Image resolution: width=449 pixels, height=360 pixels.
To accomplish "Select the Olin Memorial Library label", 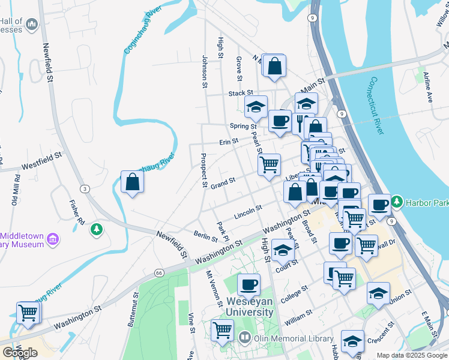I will point(292,338).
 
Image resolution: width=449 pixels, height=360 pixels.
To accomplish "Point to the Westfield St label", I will point(42,160).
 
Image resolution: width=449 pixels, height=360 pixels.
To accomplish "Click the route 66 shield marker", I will point(158,272).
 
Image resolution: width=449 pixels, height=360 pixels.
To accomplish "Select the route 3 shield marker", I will point(86,189).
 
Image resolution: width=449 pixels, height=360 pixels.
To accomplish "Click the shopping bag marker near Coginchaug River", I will point(132,182).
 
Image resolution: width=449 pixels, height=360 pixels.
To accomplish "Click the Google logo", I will point(20,353).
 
